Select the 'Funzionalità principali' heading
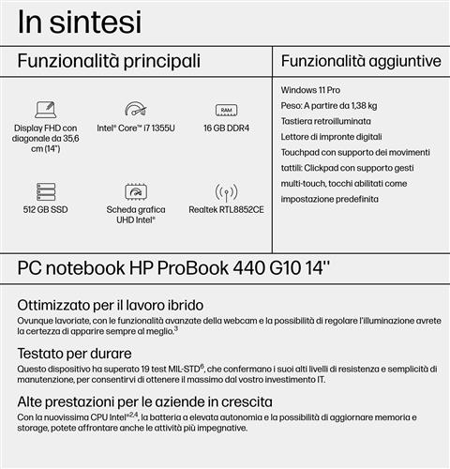pos(110,62)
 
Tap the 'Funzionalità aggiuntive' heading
pos(361,62)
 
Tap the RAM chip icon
pos(226,109)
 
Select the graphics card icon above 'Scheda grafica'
pos(136,190)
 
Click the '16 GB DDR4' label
pos(226,128)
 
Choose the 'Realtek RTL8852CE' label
pos(226,209)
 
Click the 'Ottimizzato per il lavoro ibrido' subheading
pos(111,306)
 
